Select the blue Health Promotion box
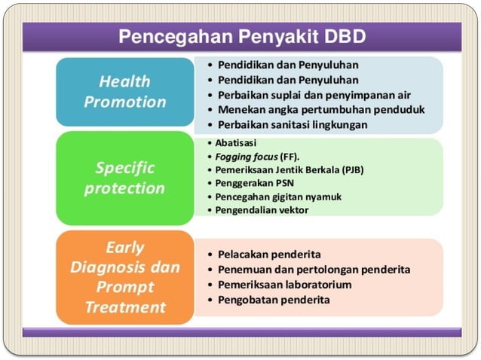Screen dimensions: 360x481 tap(124, 91)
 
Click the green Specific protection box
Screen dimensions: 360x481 tap(124, 178)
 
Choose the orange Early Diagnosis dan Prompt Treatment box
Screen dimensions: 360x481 tap(124, 277)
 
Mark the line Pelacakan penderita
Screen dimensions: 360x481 tap(269, 254)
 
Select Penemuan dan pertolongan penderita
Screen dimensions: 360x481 tap(314, 269)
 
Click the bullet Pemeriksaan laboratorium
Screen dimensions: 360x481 tap(284, 285)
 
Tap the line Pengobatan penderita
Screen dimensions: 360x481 tap(274, 300)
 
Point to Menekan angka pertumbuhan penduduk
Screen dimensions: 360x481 tap(320, 109)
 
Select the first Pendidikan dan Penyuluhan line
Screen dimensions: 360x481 tap(287, 65)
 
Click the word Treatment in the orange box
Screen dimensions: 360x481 tap(124, 307)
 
